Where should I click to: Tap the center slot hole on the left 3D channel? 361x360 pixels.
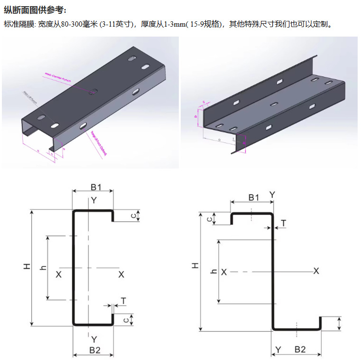click(93, 90)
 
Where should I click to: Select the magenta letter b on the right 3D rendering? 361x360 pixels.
click(196, 116)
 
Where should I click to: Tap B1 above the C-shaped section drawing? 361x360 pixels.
click(96, 186)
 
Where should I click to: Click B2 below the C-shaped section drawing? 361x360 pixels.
click(94, 351)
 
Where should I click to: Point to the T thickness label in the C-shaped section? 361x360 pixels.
click(123, 301)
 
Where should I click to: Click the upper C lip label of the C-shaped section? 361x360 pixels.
click(134, 216)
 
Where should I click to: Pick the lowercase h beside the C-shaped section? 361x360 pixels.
click(44, 267)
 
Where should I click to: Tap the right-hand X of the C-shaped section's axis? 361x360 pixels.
click(121, 274)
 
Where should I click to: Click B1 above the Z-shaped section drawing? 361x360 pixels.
click(254, 197)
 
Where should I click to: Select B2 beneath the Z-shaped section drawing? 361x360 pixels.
click(300, 350)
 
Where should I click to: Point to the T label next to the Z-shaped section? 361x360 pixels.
click(283, 223)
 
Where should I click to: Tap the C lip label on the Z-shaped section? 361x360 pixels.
click(209, 219)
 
